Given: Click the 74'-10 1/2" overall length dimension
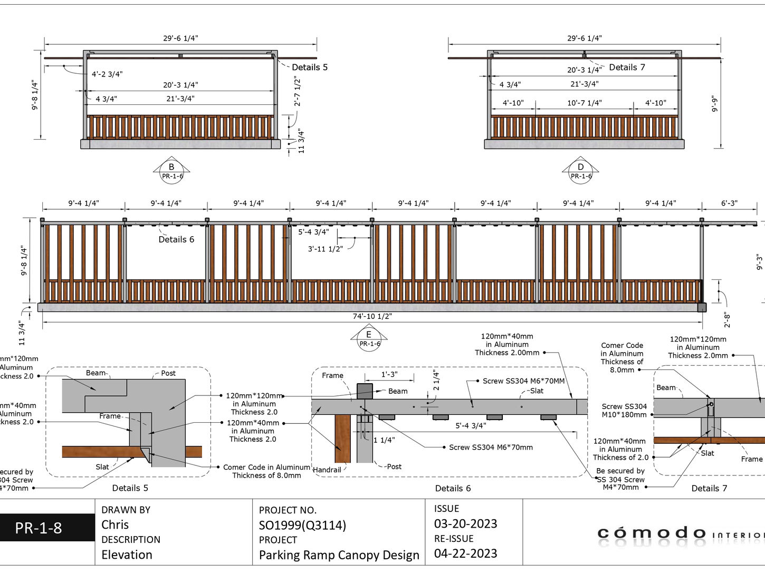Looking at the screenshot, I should (372, 316).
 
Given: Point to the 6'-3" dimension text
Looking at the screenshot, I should (729, 203).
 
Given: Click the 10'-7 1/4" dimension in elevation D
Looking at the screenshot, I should (584, 103).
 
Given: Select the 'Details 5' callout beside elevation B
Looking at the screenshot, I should (310, 67).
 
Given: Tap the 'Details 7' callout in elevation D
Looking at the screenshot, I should (627, 67).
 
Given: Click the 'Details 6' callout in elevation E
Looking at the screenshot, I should (176, 239).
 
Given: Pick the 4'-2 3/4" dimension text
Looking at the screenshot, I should (107, 74).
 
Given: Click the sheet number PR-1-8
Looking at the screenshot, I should (39, 528).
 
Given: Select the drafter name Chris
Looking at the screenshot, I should (115, 525).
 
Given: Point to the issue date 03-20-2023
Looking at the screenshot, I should (465, 523).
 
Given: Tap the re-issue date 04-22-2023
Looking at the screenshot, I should (465, 553).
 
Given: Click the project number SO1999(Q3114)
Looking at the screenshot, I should (302, 525).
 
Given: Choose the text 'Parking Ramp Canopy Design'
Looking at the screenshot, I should (339, 555).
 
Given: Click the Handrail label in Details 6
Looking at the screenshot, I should (327, 470).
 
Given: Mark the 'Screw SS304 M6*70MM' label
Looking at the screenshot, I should (523, 381).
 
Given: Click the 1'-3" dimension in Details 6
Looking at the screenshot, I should (389, 374).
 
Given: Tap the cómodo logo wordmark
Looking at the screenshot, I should (652, 533).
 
